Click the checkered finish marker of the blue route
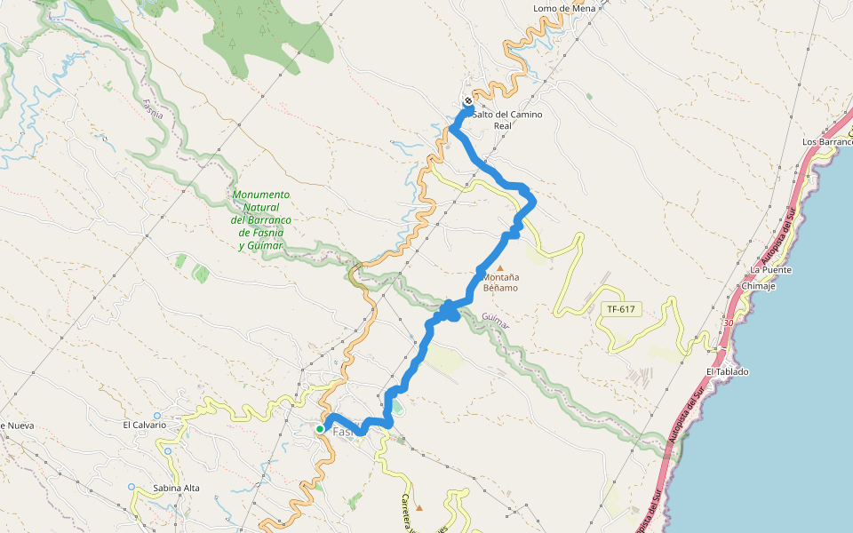468,101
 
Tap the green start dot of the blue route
320,429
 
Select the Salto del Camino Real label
506,120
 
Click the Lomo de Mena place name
563,9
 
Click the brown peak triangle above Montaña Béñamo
499,267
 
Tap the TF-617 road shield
621,309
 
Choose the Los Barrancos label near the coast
826,141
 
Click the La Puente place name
770,269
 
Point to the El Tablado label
727,371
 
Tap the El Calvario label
145,425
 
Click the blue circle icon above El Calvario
156,415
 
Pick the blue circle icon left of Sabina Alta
132,487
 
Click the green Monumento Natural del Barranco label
260,219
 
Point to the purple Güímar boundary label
496,321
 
